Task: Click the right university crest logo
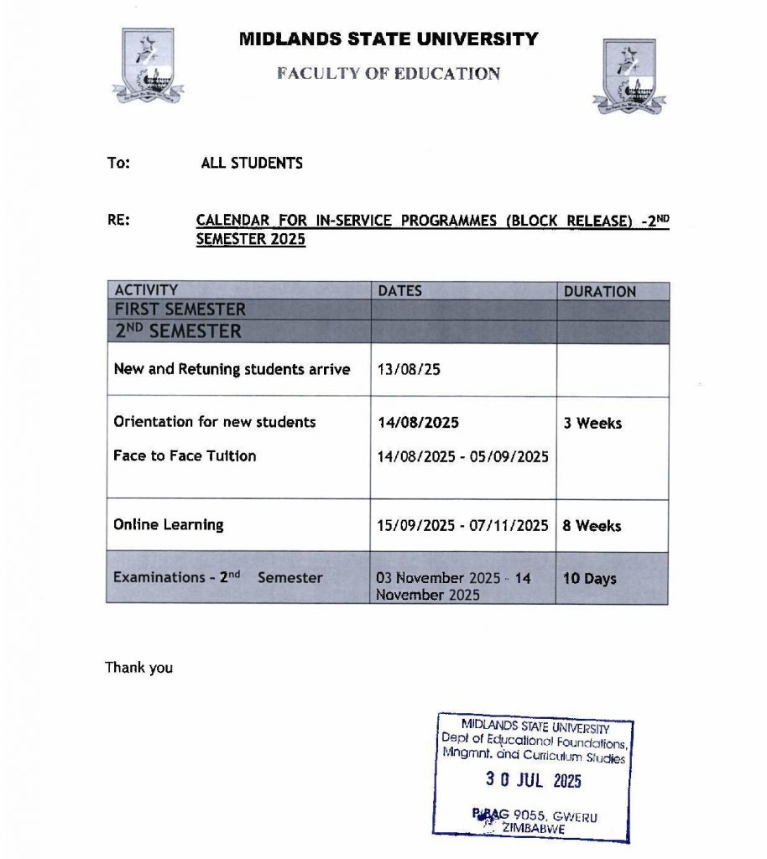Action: click(x=629, y=75)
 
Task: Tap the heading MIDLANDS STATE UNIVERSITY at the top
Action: click(x=389, y=39)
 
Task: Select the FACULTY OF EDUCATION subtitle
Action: click(x=389, y=73)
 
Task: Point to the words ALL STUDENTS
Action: click(x=252, y=163)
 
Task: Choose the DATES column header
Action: click(x=400, y=291)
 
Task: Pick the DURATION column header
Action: click(x=599, y=292)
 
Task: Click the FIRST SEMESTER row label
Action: click(x=180, y=310)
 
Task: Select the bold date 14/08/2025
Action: click(x=419, y=423)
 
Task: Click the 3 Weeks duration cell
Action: click(x=592, y=424)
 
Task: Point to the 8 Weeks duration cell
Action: click(x=592, y=526)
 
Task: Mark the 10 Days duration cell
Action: click(x=589, y=578)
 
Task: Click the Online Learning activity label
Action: click(x=169, y=525)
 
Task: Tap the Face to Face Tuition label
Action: click(x=185, y=456)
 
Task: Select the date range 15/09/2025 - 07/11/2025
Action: click(x=463, y=526)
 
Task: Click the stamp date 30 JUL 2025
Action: click(x=533, y=780)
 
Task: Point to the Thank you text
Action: click(x=138, y=668)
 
